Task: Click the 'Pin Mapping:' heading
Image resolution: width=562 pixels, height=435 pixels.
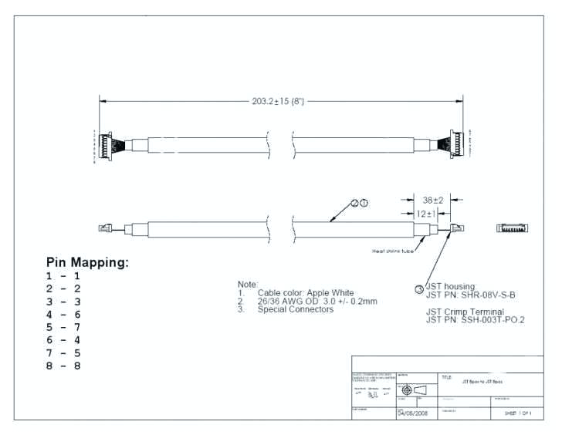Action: [x=87, y=262]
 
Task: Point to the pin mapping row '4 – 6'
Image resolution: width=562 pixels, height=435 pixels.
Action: [x=63, y=315]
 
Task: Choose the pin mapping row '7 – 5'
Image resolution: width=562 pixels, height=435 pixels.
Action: [x=63, y=352]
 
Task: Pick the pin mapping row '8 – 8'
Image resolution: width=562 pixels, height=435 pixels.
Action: [x=63, y=366]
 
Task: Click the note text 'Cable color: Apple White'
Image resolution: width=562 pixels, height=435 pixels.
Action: [x=306, y=293]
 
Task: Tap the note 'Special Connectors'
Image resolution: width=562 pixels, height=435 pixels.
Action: [x=296, y=310]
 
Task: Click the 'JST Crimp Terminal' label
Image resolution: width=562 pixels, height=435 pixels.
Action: [x=465, y=311]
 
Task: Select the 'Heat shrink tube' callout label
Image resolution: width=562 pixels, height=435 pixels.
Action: [x=394, y=250]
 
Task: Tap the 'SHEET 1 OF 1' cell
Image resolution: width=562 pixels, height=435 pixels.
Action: [x=513, y=413]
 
